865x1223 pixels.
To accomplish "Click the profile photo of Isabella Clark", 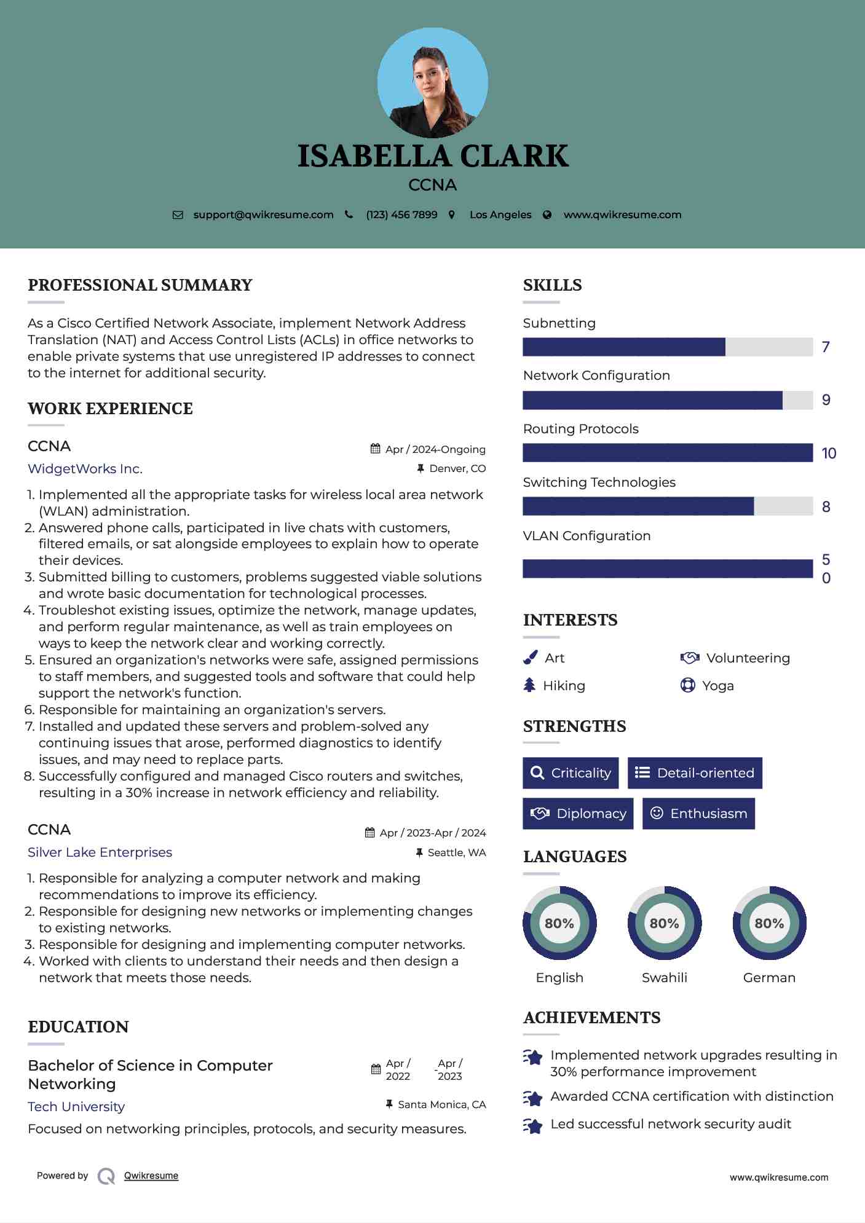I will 432,83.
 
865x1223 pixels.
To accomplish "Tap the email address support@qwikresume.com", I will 263,214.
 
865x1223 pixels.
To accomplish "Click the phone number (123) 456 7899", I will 401,214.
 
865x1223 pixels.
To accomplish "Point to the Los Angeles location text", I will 500,214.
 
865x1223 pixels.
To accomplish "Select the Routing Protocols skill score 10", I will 829,454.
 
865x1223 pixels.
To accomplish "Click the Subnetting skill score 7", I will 826,347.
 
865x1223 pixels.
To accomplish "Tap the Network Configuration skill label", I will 596,376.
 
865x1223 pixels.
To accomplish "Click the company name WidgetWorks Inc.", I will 85,469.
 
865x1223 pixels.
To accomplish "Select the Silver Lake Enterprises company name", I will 100,852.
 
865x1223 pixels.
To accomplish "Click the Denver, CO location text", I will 457,468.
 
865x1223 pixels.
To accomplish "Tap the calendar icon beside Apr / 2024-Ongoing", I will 375,449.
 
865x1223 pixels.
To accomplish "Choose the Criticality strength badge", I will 571,773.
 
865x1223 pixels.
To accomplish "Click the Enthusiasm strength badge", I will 698,814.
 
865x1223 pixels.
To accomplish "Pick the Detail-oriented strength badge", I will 695,773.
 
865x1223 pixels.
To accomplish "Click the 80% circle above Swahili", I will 664,923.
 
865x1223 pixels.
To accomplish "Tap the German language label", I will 769,978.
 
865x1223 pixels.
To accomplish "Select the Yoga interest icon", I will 687,685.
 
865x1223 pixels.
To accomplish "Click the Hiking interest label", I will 564,686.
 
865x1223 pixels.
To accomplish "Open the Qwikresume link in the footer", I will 151,1176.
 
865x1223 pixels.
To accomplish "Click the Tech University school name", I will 76,1107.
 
